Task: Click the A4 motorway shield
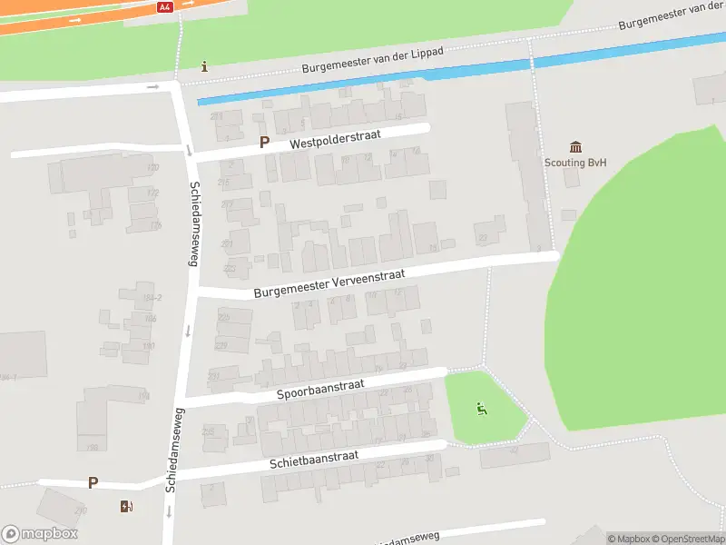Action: click(164, 6)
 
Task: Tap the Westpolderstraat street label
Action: click(336, 139)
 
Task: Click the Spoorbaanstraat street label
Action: click(320, 390)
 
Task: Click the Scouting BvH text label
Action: click(575, 163)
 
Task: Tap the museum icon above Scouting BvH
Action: click(575, 147)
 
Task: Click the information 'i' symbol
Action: click(205, 66)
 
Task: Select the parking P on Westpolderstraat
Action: click(264, 142)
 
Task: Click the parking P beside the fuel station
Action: click(93, 482)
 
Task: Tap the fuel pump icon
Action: click(125, 506)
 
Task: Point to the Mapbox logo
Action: click(38, 534)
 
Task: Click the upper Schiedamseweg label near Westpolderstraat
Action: click(193, 223)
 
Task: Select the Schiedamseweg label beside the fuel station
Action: click(172, 450)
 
